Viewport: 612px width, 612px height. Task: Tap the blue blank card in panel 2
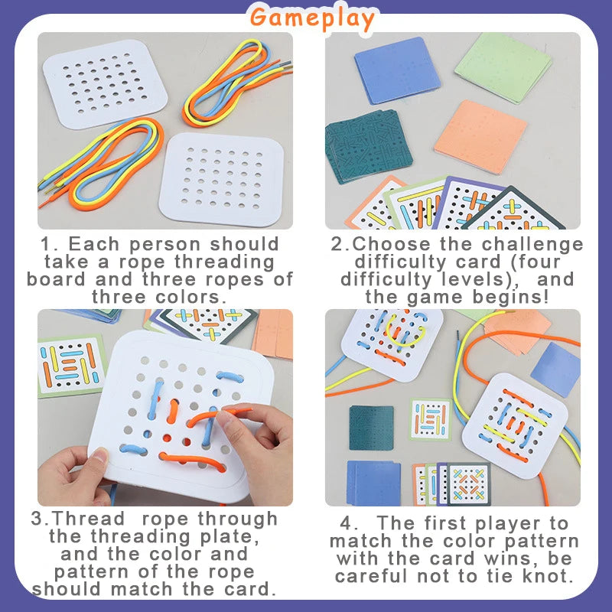point(397,70)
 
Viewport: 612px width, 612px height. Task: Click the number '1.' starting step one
point(50,245)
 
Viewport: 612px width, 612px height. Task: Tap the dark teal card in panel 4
point(371,428)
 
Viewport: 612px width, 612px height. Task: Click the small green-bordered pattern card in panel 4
point(430,419)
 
